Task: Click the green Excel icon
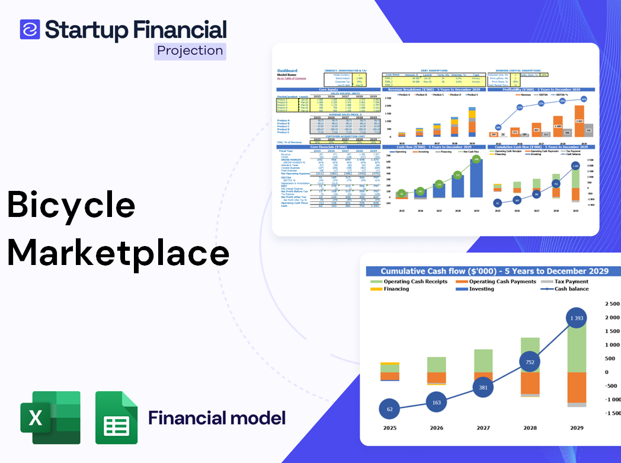50,417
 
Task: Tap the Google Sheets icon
117,417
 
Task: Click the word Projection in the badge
190,50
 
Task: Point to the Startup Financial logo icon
30,29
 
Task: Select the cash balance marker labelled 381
484,388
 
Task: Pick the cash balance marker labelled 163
437,403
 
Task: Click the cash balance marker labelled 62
390,409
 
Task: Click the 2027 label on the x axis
483,428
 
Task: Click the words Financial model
217,418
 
